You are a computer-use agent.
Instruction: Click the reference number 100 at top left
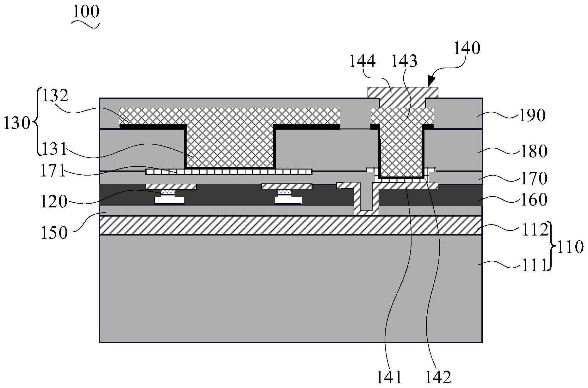(86, 12)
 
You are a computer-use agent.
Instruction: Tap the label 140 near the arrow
(467, 48)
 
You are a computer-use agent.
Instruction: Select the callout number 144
(362, 61)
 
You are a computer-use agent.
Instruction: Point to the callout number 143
(404, 61)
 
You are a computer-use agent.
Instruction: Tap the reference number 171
(53, 171)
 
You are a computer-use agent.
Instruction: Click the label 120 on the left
(54, 201)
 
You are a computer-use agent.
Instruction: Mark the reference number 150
(54, 233)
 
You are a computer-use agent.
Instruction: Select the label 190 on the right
(532, 116)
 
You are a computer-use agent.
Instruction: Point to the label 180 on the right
(533, 151)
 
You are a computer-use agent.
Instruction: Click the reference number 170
(533, 178)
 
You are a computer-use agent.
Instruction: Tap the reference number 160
(533, 200)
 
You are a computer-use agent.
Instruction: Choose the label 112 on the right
(534, 230)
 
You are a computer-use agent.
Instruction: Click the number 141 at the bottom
(389, 377)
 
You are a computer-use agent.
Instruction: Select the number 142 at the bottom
(438, 377)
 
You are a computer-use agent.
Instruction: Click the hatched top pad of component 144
(403, 95)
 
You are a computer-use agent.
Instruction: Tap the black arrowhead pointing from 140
(431, 82)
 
